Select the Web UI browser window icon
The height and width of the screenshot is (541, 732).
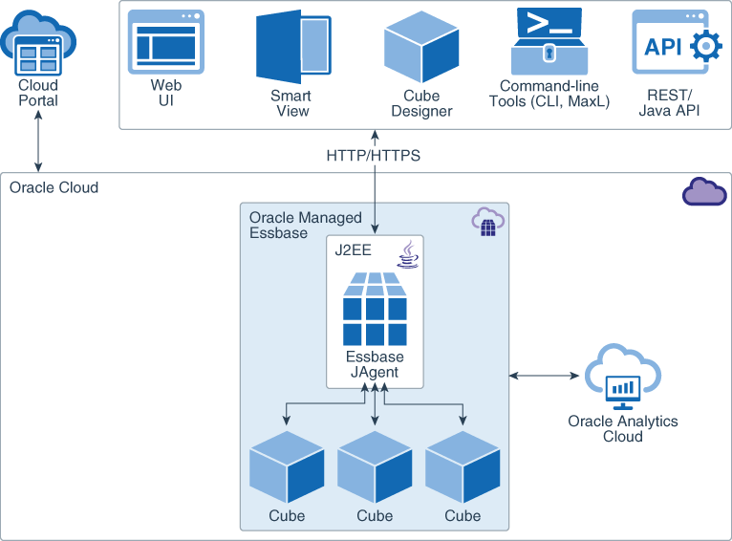point(166,42)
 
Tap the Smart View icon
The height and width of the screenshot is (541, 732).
point(292,49)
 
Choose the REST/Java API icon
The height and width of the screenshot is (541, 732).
point(676,43)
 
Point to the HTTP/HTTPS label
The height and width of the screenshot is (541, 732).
point(373,155)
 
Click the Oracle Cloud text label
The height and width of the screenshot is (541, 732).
point(54,187)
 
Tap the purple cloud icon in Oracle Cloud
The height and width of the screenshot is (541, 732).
point(703,191)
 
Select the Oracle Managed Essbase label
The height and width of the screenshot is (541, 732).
point(291,226)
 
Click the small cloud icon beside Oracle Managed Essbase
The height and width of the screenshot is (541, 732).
point(487,223)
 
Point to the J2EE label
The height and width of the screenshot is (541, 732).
point(353,251)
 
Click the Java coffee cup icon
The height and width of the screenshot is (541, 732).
point(408,255)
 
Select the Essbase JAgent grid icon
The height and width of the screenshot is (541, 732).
point(375,309)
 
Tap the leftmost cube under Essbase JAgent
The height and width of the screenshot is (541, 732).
point(286,466)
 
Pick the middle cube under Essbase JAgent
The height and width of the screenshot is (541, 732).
point(375,466)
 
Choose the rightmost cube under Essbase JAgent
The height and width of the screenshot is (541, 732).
point(463,466)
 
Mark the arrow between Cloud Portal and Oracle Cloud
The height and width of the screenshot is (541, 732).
point(38,144)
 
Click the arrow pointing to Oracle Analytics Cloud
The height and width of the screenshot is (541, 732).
point(546,376)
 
